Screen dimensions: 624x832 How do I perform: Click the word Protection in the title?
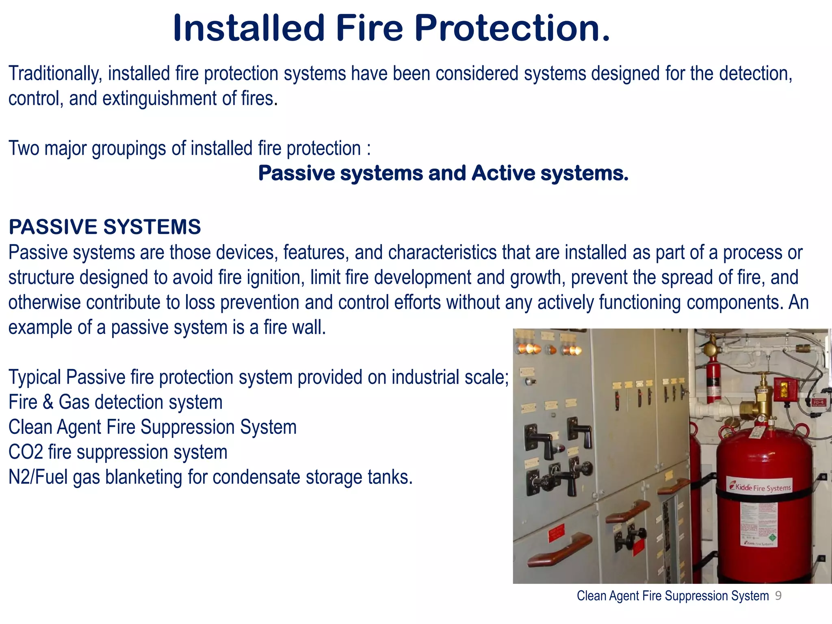pos(512,28)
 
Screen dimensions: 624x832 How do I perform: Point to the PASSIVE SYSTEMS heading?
pos(105,227)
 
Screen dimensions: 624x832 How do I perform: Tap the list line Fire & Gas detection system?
pos(115,403)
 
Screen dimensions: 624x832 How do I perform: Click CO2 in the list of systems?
pos(25,453)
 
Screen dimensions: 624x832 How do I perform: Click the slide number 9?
pos(778,596)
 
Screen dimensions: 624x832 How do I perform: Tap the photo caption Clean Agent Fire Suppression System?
pos(673,596)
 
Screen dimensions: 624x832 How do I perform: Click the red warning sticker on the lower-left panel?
pos(556,533)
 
